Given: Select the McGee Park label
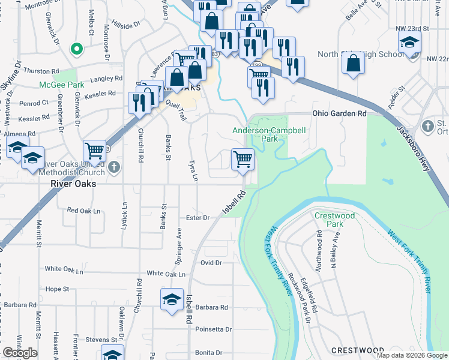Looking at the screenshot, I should click(62, 85).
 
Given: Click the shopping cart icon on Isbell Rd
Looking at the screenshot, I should click(243, 160).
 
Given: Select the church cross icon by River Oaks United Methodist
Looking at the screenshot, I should click(115, 166).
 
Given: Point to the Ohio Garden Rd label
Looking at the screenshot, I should click(339, 113).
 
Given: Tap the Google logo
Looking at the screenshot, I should click(20, 353).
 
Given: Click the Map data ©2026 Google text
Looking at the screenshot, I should click(411, 355).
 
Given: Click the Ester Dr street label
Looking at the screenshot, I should click(197, 218).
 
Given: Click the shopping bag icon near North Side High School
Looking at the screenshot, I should click(354, 63).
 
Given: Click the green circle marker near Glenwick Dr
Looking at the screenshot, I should click(76, 49).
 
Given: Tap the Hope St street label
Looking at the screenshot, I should click(58, 289).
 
